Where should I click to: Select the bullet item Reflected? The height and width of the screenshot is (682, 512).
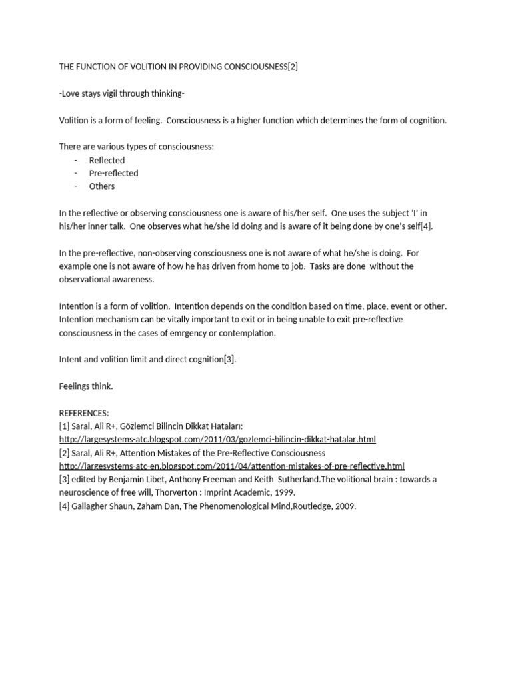pos(107,160)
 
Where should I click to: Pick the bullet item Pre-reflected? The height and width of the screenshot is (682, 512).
pos(113,173)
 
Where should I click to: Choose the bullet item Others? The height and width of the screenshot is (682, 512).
pos(102,186)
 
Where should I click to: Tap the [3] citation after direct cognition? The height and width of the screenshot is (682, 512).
pos(230,360)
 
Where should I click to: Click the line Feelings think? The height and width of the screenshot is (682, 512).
pos(86,386)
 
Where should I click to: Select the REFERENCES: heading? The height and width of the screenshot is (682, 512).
pos(84,413)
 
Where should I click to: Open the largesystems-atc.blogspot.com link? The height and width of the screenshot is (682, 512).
pos(217,440)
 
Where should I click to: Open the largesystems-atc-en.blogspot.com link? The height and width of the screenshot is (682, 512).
pos(231,466)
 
